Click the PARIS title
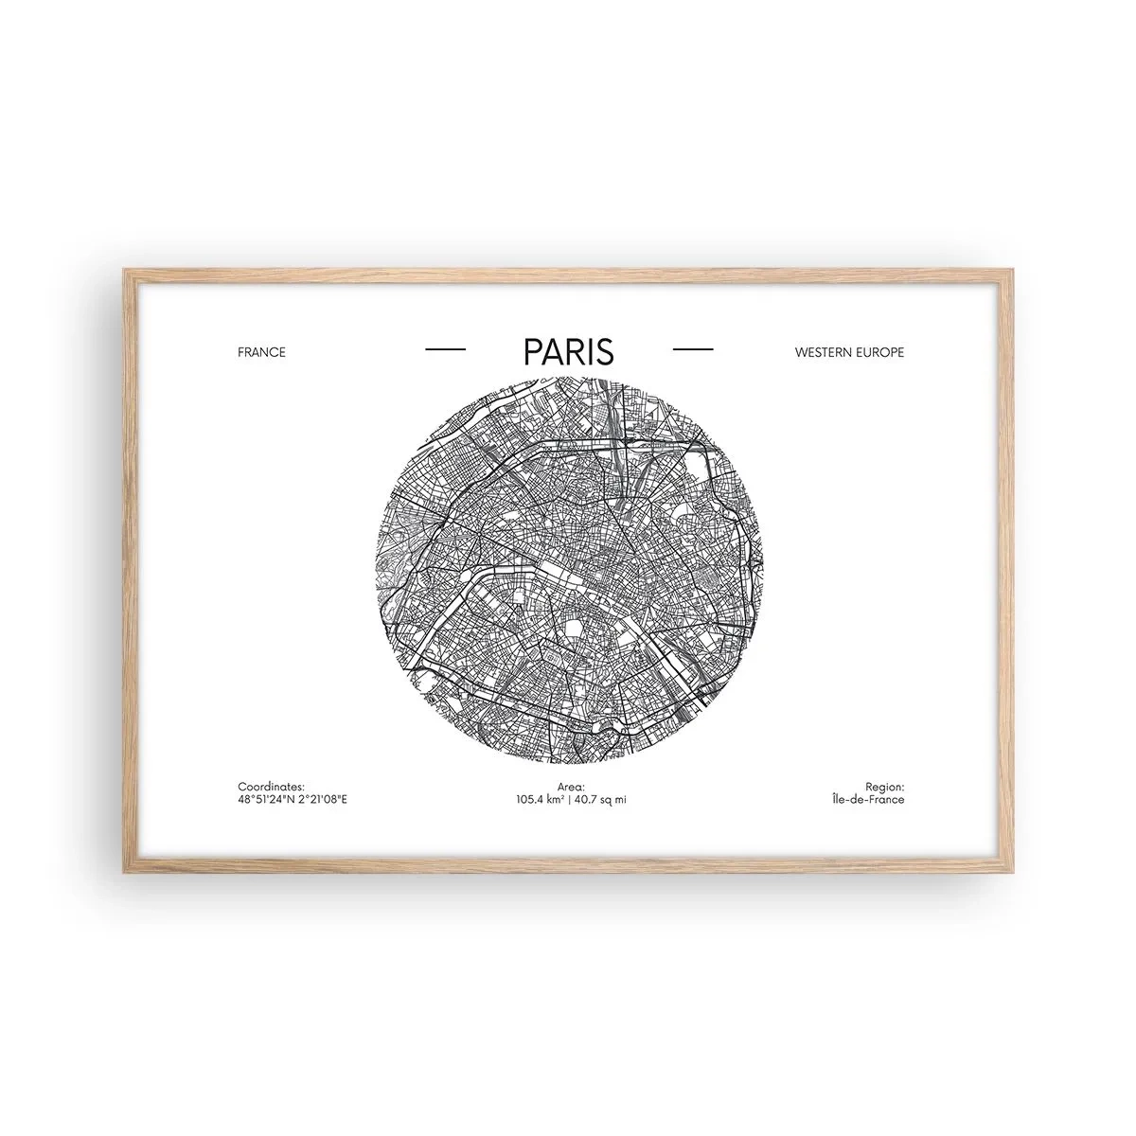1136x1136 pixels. click(568, 351)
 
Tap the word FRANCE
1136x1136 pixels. click(261, 352)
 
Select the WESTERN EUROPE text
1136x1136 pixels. click(849, 352)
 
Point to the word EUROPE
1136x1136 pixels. click(881, 352)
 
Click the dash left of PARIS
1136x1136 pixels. click(446, 350)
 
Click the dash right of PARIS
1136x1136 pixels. click(692, 350)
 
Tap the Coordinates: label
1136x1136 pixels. click(271, 787)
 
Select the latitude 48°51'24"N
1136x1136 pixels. click(267, 800)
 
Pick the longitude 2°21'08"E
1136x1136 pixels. click(323, 800)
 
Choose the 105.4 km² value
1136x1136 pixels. click(540, 800)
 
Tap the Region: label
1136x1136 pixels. click(884, 787)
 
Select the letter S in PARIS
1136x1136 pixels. click(604, 351)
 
